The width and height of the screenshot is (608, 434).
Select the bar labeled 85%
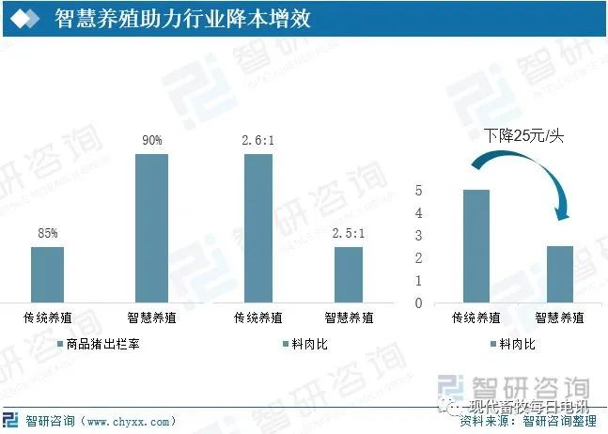(47, 274)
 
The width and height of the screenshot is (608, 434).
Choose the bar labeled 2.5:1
(349, 274)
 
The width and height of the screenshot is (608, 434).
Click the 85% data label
(48, 233)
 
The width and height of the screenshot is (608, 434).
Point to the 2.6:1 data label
(258, 140)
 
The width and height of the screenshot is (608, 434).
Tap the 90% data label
(151, 140)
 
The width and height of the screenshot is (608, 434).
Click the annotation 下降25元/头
(523, 136)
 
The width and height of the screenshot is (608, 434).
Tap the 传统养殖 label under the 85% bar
(47, 318)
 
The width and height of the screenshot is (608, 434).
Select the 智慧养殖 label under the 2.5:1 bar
(349, 318)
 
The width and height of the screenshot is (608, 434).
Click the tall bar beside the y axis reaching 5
(476, 246)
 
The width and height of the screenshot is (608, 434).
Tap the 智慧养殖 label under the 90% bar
(151, 318)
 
